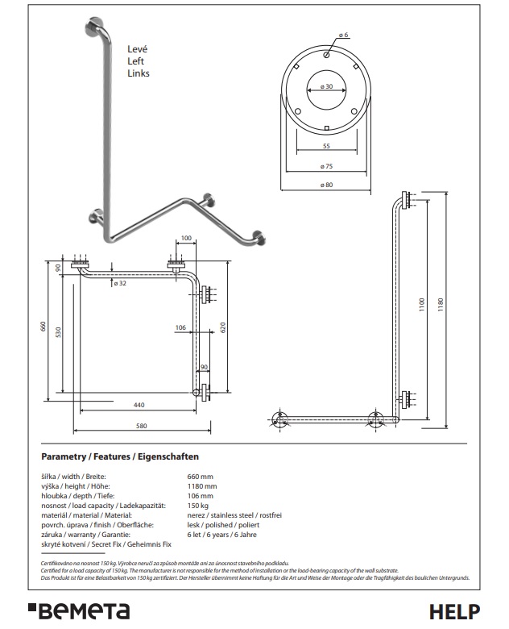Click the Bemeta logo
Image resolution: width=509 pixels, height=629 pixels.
click(79, 611)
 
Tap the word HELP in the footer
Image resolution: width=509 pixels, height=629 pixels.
click(454, 612)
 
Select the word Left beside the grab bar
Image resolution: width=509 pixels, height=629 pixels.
click(135, 61)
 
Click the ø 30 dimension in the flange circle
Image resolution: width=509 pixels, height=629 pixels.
click(326, 86)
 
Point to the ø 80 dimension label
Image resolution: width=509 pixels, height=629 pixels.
click(326, 185)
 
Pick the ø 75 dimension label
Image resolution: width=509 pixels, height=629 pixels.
click(326, 166)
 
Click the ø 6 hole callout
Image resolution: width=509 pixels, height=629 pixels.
click(343, 35)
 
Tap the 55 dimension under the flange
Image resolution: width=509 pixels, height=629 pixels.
click(326, 146)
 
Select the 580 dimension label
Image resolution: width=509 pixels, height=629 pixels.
click(142, 426)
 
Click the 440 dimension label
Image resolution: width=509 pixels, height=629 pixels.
click(139, 405)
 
